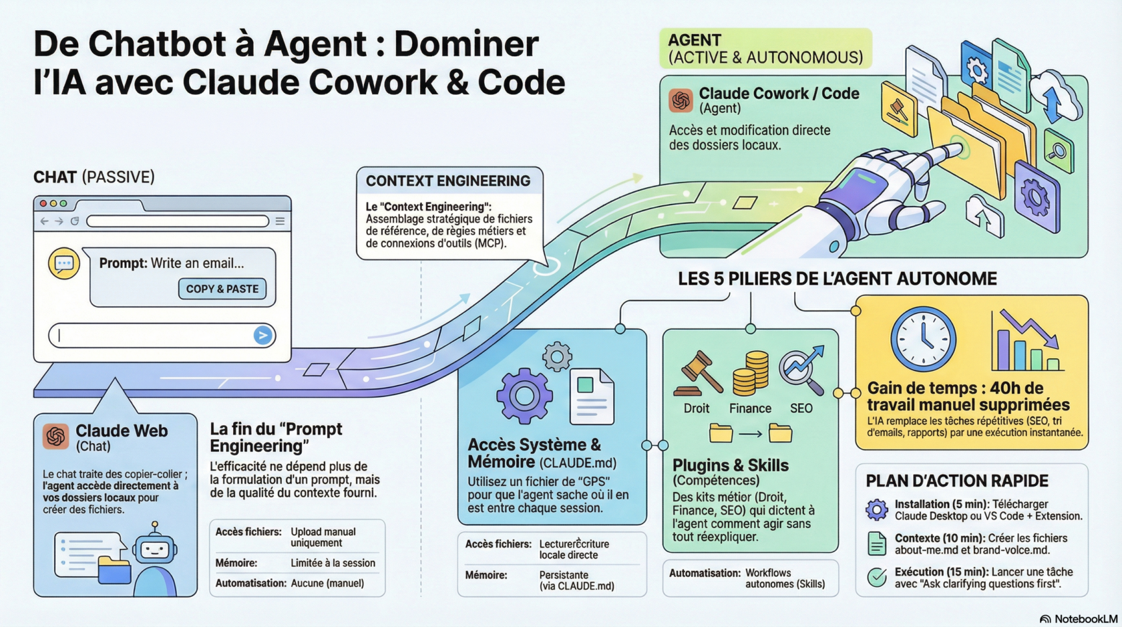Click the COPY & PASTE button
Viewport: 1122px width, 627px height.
[x=222, y=289]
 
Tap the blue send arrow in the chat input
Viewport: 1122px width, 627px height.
[x=262, y=335]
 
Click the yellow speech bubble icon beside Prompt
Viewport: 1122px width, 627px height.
[x=64, y=263]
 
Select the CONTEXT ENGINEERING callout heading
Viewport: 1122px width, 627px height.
[x=447, y=181]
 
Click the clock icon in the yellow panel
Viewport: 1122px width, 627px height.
[x=922, y=339]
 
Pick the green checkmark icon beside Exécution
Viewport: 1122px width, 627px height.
[x=876, y=577]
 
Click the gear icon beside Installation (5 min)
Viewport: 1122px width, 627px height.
[x=876, y=510]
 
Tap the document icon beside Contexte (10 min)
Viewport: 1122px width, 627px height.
[x=876, y=543]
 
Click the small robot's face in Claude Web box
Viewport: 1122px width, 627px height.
[x=155, y=549]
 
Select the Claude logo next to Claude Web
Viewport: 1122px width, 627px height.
[x=56, y=436]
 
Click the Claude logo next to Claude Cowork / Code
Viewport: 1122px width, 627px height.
[x=681, y=100]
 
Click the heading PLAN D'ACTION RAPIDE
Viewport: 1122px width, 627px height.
[x=956, y=481]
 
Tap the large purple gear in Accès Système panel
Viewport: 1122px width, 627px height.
[x=524, y=396]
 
